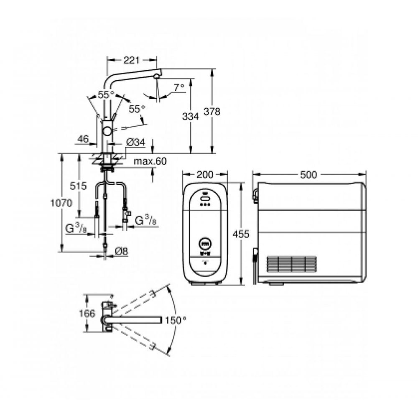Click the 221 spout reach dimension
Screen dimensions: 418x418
132,61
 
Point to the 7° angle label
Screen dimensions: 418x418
179,87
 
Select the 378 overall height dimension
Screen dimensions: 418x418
212,112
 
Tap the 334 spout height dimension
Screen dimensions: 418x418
191,116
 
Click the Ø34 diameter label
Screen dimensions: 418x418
135,143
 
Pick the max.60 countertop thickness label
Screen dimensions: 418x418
150,161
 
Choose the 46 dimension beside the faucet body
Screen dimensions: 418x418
83,139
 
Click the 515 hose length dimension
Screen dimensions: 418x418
79,186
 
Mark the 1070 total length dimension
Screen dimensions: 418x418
61,203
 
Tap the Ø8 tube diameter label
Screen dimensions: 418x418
122,251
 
